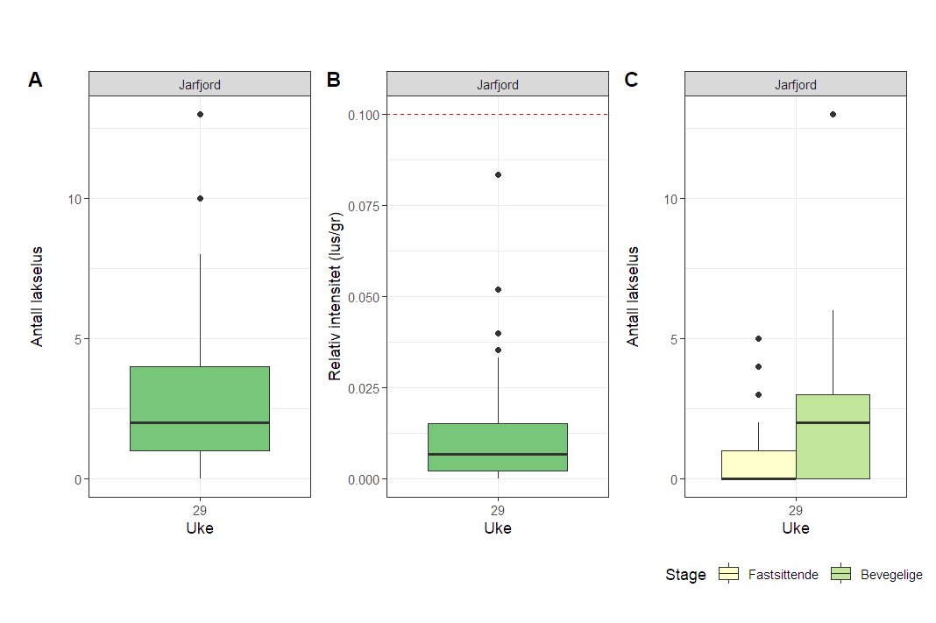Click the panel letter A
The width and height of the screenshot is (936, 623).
click(x=35, y=80)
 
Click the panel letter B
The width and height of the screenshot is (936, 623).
click(x=333, y=80)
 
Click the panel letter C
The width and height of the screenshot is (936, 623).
click(x=631, y=80)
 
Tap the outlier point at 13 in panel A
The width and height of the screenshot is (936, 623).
click(x=200, y=114)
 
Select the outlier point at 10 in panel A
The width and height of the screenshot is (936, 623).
click(x=200, y=198)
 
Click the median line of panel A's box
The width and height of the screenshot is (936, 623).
click(x=200, y=422)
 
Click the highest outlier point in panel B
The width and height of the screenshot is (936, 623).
click(x=498, y=174)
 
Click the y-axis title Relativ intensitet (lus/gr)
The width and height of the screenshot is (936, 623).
click(x=335, y=297)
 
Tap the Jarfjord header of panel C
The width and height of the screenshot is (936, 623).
click(x=795, y=85)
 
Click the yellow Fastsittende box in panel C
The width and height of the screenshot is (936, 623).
click(x=758, y=464)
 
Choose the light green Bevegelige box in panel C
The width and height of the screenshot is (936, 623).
click(x=833, y=436)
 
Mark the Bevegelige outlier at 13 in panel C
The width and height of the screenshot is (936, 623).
click(x=833, y=114)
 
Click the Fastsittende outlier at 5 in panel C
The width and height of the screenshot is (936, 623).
click(x=758, y=338)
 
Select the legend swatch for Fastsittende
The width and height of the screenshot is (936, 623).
click(x=729, y=574)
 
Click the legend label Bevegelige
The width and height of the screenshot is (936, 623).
click(x=891, y=575)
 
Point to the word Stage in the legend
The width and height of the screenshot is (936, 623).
click(x=685, y=575)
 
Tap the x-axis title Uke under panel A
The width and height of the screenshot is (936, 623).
click(x=200, y=528)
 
